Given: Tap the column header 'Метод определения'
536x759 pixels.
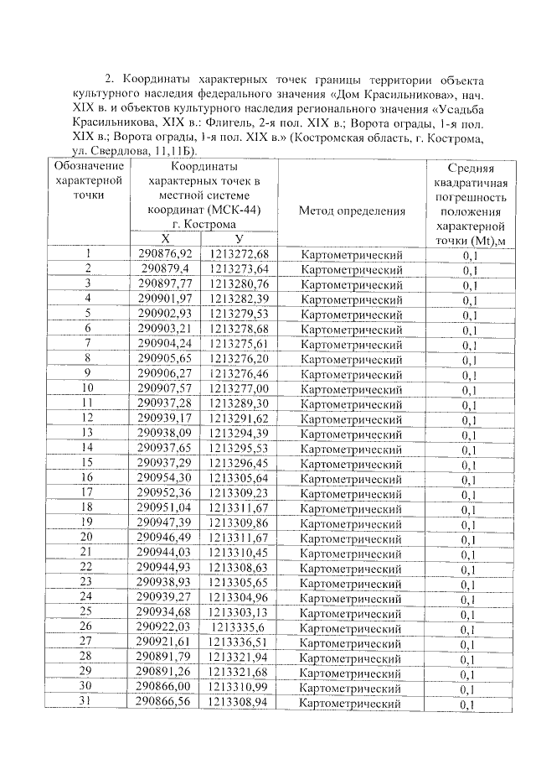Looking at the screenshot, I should pyautogui.click(x=358, y=211).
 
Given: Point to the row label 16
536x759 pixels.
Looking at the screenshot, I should pyautogui.click(x=88, y=476).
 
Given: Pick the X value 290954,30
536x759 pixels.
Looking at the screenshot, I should pyautogui.click(x=166, y=476).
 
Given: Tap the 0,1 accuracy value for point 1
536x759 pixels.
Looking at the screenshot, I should pyautogui.click(x=470, y=254).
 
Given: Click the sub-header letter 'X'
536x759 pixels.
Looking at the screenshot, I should pyautogui.click(x=165, y=239).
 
